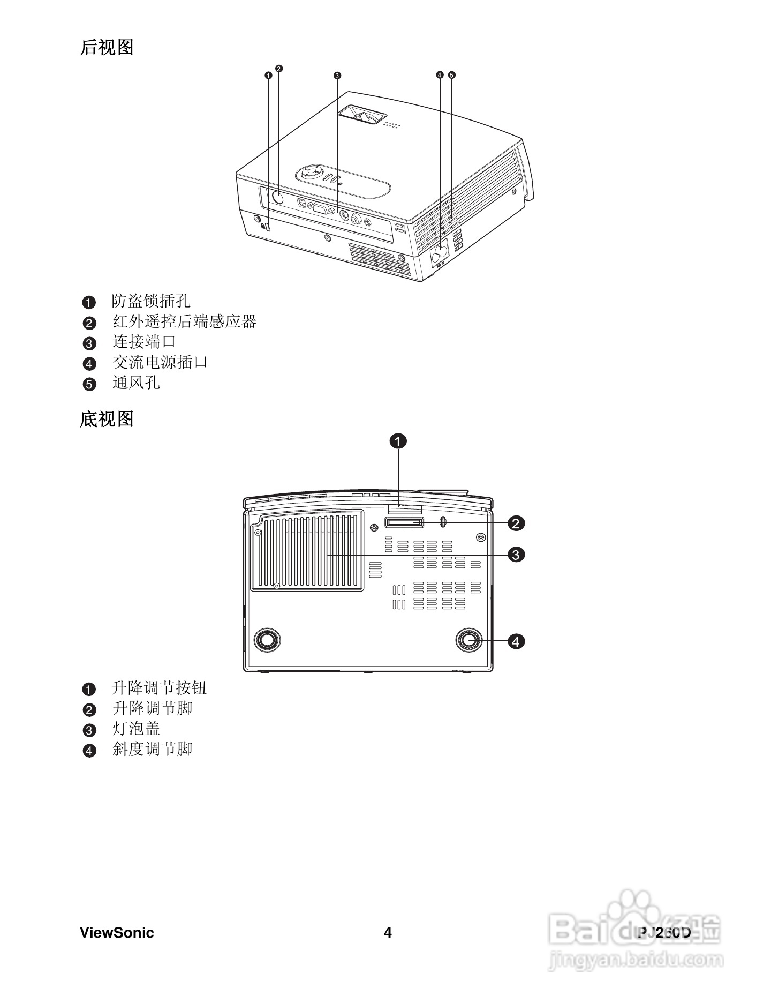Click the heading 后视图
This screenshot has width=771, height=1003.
click(107, 47)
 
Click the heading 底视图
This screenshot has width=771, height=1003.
click(107, 419)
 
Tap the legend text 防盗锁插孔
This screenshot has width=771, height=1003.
click(151, 301)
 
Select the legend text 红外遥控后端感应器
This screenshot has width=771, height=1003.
click(184, 321)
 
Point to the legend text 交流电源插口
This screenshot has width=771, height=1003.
click(160, 362)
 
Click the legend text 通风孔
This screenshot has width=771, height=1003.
click(136, 383)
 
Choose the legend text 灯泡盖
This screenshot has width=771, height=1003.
click(136, 729)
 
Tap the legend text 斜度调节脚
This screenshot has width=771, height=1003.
click(152, 749)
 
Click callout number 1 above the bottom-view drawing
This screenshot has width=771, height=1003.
click(398, 441)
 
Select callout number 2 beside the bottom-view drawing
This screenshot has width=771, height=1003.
click(516, 523)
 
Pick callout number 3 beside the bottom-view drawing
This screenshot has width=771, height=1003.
click(516, 555)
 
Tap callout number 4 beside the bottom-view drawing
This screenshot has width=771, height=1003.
click(516, 641)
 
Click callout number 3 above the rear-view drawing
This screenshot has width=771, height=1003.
click(337, 76)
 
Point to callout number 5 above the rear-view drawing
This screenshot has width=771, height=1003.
click(451, 75)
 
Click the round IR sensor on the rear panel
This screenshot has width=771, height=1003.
click(278, 197)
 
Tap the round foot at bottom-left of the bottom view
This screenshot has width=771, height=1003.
click(267, 639)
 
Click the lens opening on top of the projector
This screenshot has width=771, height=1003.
click(362, 114)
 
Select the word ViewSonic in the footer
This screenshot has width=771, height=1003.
click(117, 933)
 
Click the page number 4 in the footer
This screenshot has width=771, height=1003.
click(388, 933)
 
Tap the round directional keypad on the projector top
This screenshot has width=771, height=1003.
click(309, 174)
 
